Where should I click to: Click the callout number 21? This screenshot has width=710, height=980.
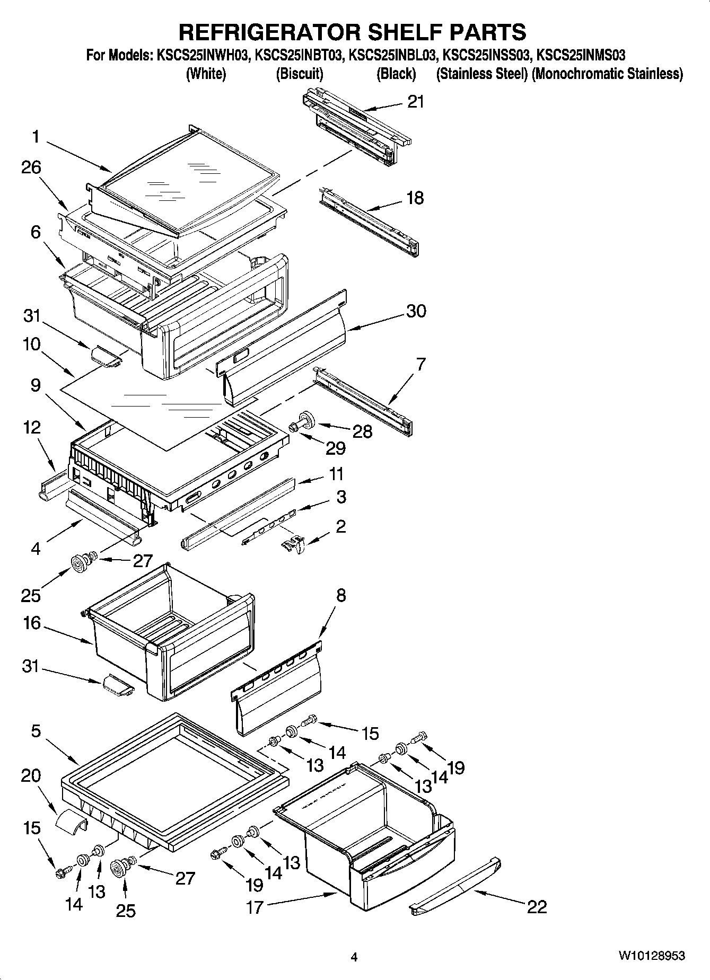click(416, 102)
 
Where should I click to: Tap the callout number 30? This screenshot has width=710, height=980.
click(416, 311)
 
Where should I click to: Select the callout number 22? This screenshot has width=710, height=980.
click(537, 907)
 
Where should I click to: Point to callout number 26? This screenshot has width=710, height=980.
click(31, 167)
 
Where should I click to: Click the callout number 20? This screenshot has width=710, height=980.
click(31, 775)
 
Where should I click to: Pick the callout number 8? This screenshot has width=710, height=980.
click(340, 595)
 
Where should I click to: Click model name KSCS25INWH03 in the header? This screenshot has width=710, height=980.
click(203, 55)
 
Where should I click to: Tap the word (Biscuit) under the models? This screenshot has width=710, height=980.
click(300, 74)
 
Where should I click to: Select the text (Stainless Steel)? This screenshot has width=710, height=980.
click(481, 74)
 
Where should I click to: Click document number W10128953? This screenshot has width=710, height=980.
click(651, 956)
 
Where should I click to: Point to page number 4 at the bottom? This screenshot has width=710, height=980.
click(355, 957)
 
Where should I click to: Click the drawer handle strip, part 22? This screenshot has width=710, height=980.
click(456, 885)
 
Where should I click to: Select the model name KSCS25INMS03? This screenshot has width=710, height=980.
click(581, 55)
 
